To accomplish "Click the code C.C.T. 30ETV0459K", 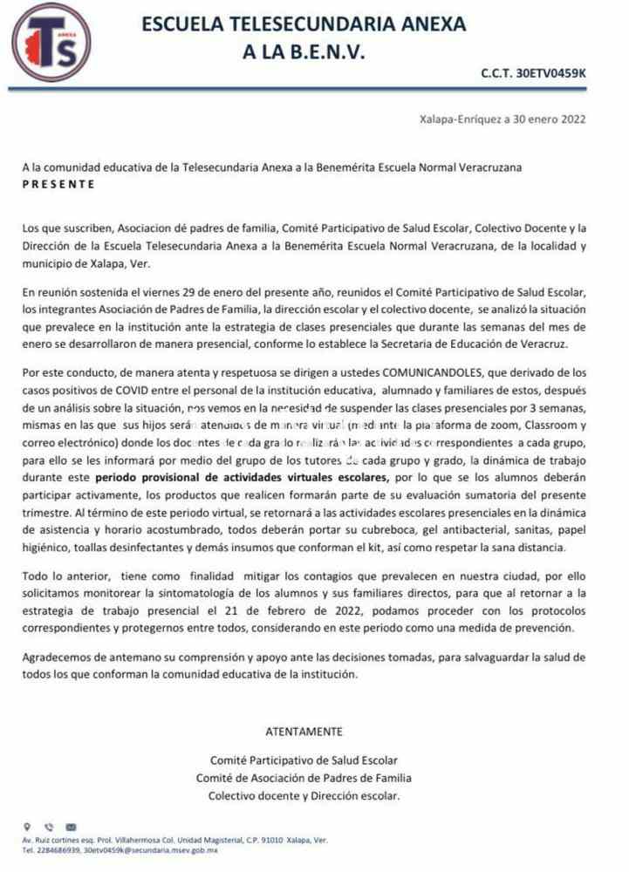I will pyautogui.click(x=534, y=76).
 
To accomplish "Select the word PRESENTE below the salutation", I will pyautogui.click(x=59, y=185).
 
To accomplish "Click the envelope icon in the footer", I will pyautogui.click(x=71, y=828).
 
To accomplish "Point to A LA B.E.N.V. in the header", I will pyautogui.click(x=303, y=53).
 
